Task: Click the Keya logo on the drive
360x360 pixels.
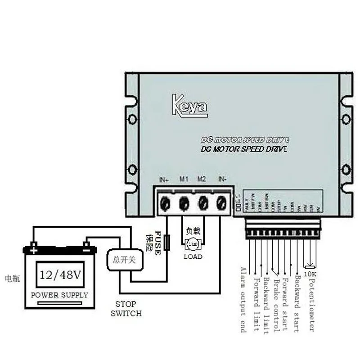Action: pyautogui.click(x=189, y=105)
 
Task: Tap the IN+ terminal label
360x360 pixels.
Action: pyautogui.click(x=164, y=179)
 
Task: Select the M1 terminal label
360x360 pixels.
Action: pyautogui.click(x=184, y=179)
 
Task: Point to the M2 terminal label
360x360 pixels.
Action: pyautogui.click(x=202, y=179)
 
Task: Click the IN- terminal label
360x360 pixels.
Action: pyautogui.click(x=222, y=179)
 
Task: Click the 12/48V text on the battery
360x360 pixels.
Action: pyautogui.click(x=60, y=274)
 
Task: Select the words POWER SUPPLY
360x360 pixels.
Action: pyautogui.click(x=59, y=295)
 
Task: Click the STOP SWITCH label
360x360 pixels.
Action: pyautogui.click(x=126, y=309)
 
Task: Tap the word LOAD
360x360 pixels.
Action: pyautogui.click(x=193, y=256)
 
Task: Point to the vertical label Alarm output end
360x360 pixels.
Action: pyautogui.click(x=243, y=299)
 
